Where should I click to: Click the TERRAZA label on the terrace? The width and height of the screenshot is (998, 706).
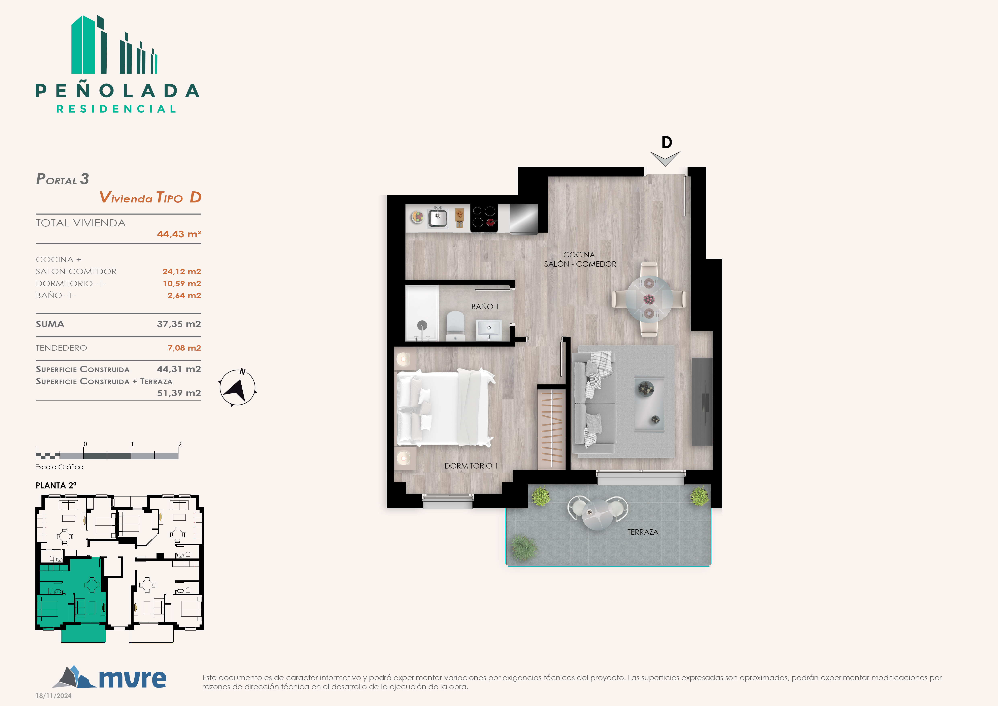tap(643, 532)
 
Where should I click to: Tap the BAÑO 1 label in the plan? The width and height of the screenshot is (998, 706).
tap(485, 307)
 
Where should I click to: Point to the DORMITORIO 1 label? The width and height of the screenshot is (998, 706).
tap(471, 466)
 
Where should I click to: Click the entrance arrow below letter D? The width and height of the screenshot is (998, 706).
tap(665, 159)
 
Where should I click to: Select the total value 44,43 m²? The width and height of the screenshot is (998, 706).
tap(179, 234)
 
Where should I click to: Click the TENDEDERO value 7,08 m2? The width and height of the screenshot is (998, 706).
tap(184, 348)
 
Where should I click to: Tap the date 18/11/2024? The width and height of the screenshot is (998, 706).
tap(54, 696)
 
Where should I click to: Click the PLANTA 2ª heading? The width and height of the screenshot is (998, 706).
tap(56, 486)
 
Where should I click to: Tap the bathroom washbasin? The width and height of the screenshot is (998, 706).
tap(489, 329)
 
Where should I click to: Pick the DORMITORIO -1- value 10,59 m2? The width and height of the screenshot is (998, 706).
tap(182, 283)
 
